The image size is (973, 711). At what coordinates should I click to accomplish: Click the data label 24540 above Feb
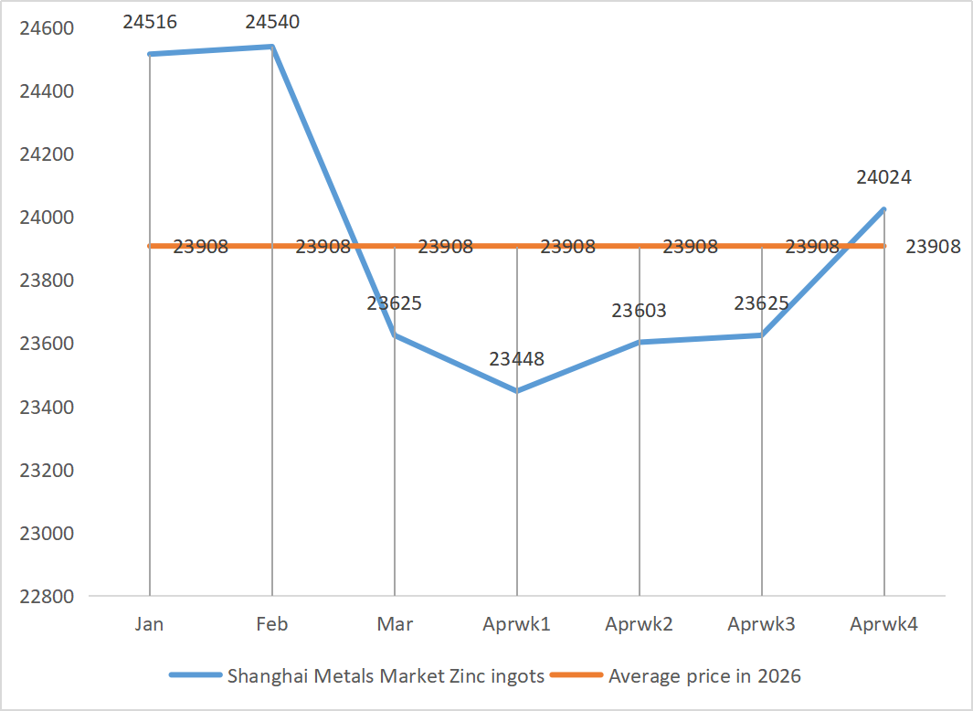[272, 20]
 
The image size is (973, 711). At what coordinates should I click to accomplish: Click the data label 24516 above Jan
[150, 20]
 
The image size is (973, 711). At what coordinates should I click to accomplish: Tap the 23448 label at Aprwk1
[517, 359]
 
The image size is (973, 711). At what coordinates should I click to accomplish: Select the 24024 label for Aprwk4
[883, 177]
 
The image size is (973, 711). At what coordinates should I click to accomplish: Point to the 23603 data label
[640, 311]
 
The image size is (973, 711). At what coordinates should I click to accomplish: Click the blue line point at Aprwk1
[517, 391]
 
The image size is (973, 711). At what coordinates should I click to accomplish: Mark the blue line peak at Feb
[272, 47]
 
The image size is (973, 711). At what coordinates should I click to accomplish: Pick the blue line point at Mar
[395, 335]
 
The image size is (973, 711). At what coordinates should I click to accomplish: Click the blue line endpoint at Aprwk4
[883, 209]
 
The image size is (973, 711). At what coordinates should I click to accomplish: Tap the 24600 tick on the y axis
[47, 28]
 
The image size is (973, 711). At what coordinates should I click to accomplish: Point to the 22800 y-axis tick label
[47, 597]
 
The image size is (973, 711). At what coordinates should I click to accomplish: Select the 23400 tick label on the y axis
[47, 407]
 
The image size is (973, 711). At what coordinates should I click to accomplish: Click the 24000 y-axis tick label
[47, 218]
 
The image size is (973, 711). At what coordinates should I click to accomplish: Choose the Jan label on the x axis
[150, 624]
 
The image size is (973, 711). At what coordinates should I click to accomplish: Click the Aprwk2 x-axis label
[640, 624]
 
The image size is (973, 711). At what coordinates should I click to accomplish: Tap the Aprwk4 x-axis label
[883, 624]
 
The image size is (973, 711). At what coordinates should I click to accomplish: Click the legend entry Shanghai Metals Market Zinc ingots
[385, 676]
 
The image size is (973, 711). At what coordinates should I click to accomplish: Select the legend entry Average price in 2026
[703, 676]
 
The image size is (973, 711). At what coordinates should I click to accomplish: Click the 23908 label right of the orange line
[933, 247]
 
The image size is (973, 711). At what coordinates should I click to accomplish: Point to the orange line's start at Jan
[151, 246]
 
